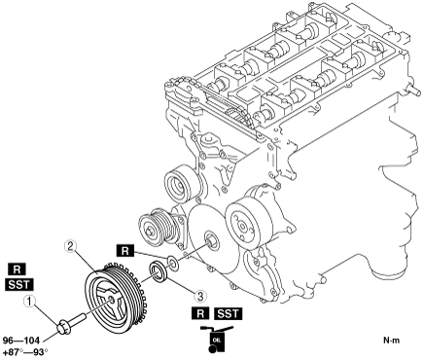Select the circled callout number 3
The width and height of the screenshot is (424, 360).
(x=200, y=296)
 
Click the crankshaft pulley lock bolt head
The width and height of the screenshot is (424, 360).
(x=63, y=327)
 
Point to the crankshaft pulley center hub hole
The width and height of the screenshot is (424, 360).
(x=111, y=300)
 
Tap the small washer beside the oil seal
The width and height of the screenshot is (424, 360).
(x=172, y=263)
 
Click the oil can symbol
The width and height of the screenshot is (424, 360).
(x=216, y=340)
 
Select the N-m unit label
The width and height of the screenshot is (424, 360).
(x=392, y=341)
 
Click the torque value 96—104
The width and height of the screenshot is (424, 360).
(x=21, y=341)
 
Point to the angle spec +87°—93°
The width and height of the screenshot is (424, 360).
(x=25, y=352)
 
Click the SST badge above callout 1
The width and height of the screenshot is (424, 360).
(x=19, y=284)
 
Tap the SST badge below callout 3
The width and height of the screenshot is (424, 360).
(x=228, y=313)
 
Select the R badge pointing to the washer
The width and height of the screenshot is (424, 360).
(x=125, y=251)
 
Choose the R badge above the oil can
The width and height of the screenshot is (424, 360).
(x=200, y=313)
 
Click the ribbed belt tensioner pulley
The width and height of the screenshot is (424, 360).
(x=155, y=228)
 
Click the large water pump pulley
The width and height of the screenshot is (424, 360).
(x=246, y=223)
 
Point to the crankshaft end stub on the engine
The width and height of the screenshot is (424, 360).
(x=212, y=240)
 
